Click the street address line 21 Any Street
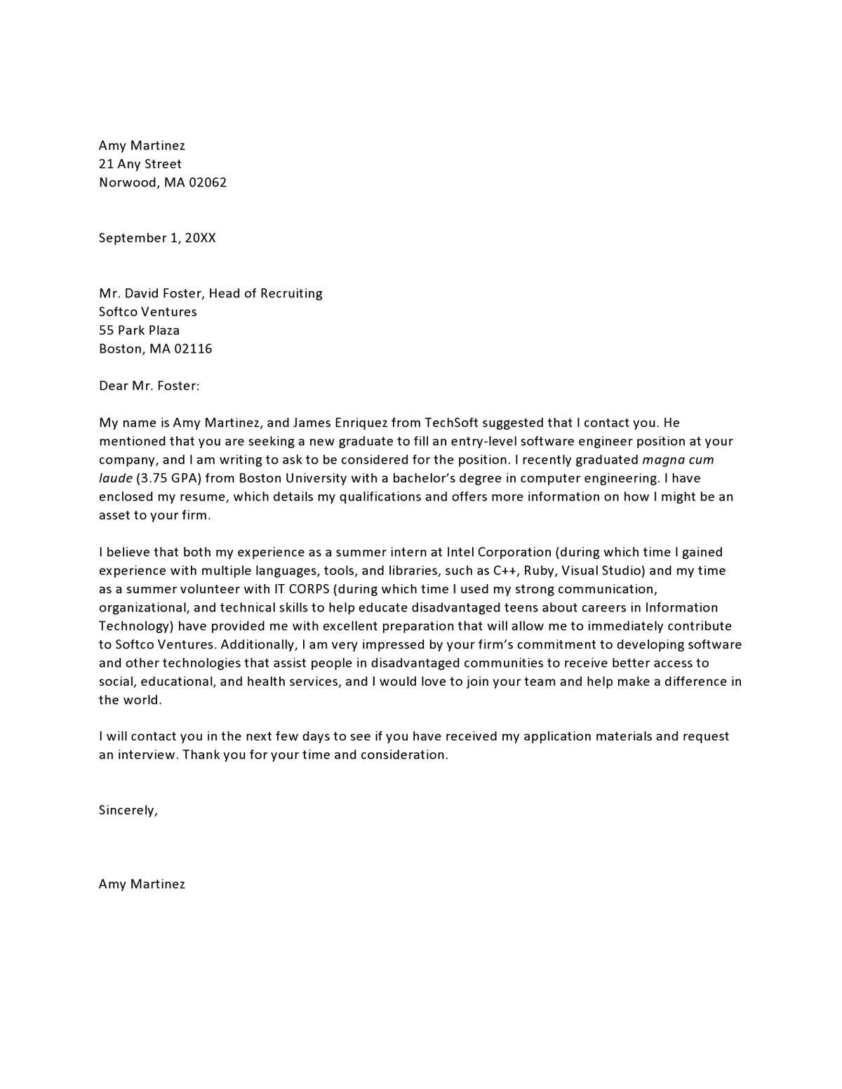click(x=140, y=164)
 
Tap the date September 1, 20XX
click(x=157, y=238)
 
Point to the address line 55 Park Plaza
click(x=140, y=330)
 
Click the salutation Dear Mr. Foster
click(x=149, y=386)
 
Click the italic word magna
click(x=664, y=460)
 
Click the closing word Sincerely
click(x=128, y=811)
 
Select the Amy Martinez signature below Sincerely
click(x=142, y=884)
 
